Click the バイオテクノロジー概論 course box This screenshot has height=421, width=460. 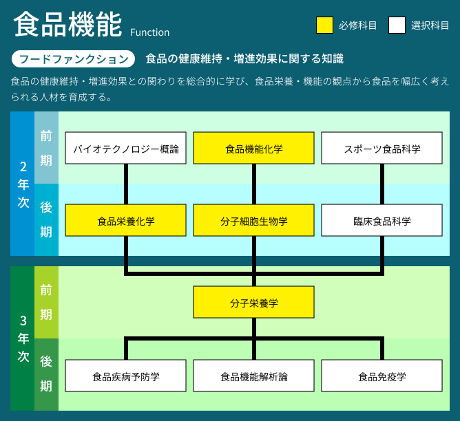point(125,148)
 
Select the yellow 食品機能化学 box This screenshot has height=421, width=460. point(254,148)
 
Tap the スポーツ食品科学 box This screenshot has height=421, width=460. point(382,148)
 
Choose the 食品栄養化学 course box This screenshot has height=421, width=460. point(125,220)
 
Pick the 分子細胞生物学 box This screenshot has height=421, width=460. point(254,220)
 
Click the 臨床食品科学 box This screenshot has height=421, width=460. point(382,220)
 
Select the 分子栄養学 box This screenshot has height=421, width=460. point(254,302)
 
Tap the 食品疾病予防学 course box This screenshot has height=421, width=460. point(125,376)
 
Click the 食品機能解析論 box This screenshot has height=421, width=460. point(254,376)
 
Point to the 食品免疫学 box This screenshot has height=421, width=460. point(382,376)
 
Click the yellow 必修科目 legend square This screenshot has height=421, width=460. point(324,25)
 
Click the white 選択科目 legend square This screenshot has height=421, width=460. point(397,25)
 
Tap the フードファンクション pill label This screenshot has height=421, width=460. point(74,59)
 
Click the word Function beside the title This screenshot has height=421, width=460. point(150,32)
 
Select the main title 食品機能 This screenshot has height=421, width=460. point(67,25)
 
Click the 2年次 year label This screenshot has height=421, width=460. point(23,184)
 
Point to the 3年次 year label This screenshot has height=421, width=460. point(23,338)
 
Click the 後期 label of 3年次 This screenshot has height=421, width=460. point(46,374)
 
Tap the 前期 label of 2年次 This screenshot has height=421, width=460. point(46,148)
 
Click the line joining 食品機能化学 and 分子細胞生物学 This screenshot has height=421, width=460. point(254,184)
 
